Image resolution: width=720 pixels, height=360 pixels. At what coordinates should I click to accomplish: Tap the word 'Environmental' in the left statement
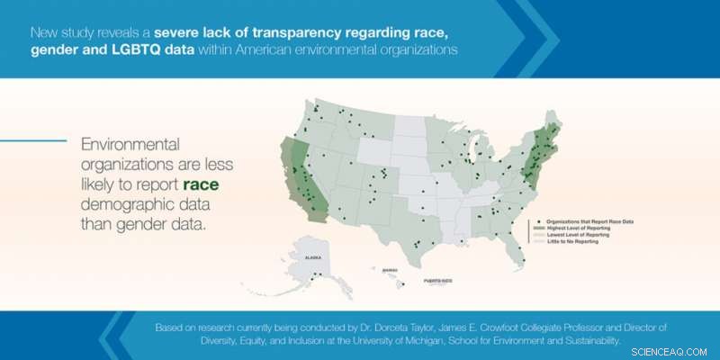coord(130,143)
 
